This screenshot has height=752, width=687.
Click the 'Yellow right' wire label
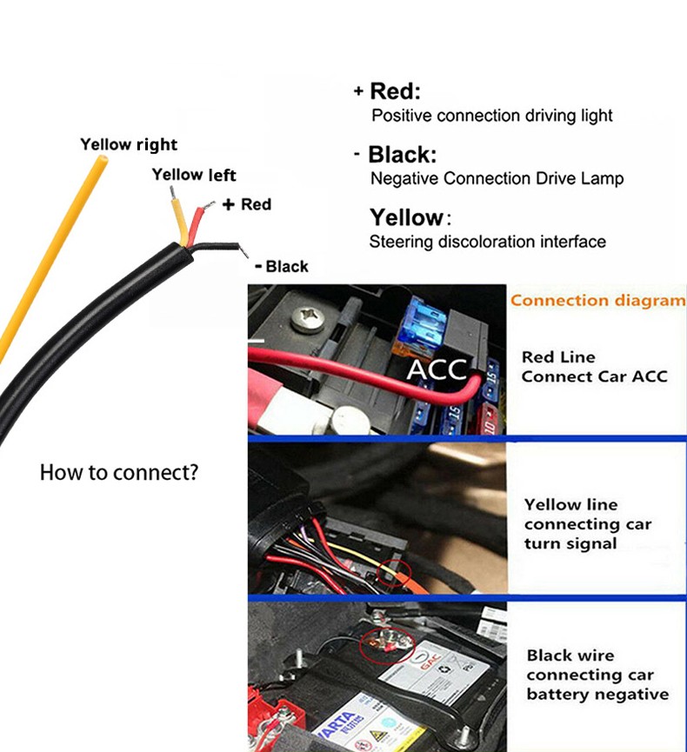(x=129, y=144)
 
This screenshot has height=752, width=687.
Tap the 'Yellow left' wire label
(x=193, y=175)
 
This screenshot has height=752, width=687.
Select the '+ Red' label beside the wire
(x=247, y=204)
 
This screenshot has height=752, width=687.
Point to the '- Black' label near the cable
(x=281, y=266)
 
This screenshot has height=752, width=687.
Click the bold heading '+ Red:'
(x=387, y=91)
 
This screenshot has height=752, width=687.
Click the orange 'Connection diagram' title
(x=597, y=301)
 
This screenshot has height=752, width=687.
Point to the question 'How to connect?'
(x=119, y=474)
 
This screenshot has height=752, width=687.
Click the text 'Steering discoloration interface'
(x=487, y=242)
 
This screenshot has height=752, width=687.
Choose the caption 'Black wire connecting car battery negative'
(x=597, y=675)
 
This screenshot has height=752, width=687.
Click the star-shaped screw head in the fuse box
(x=310, y=318)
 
